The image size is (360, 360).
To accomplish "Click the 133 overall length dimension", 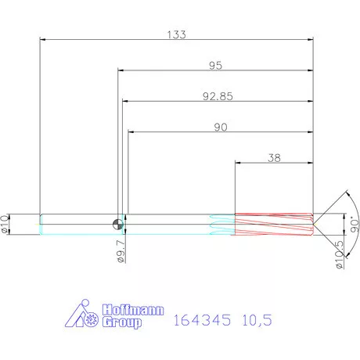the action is tap(177, 34).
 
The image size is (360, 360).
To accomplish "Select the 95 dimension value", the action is tap(215, 66).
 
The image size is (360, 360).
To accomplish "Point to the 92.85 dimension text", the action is tap(218, 96).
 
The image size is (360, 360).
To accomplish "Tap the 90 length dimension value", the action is tap(221, 127).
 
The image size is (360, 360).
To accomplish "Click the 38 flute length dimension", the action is tap(274, 158).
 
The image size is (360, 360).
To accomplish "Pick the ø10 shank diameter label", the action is tap(5, 224).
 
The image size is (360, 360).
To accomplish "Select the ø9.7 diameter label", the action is tap(121, 251).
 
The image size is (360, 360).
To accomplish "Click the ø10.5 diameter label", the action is tap(340, 254).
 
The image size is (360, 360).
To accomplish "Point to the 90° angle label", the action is tap(355, 225).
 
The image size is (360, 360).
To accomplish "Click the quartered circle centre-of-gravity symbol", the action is tap(118, 224).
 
